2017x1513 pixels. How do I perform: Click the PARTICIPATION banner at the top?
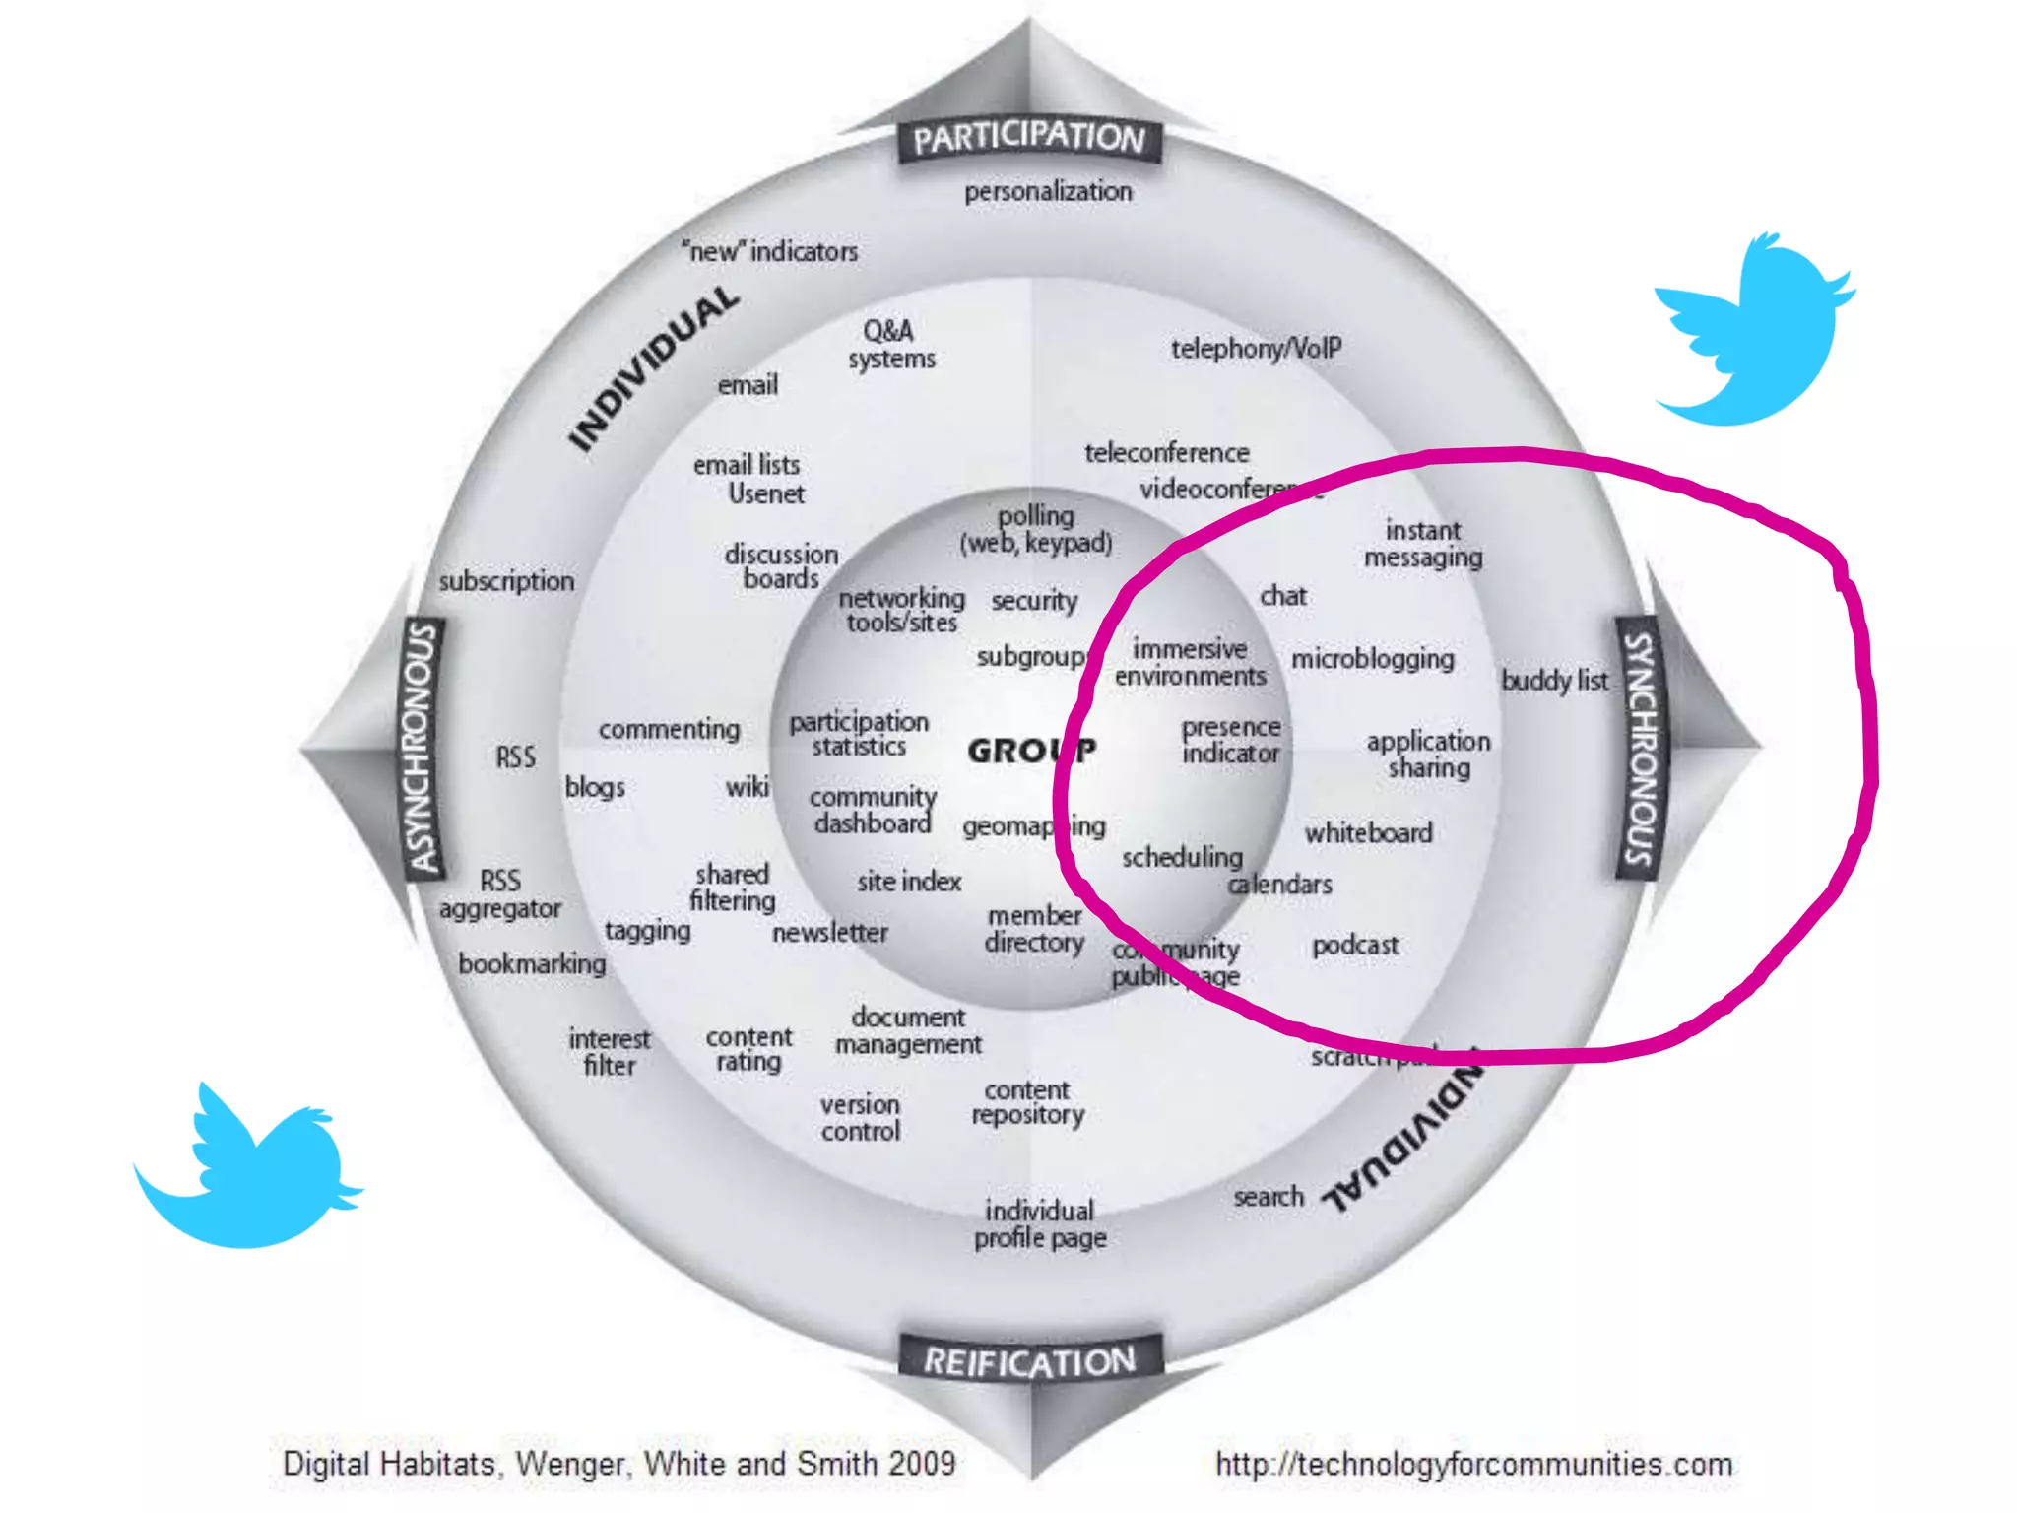[1029, 138]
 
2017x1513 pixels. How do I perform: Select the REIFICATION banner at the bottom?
[1030, 1361]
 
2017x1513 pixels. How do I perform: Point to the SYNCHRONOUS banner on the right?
[1640, 749]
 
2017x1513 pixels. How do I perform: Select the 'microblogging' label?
[1372, 659]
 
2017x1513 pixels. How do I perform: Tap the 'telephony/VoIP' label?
[1256, 349]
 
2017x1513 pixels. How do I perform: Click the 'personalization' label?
[1048, 191]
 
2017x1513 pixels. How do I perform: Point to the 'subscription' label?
[506, 581]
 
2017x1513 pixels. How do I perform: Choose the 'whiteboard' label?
[1368, 833]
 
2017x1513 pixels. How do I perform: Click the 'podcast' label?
[1354, 946]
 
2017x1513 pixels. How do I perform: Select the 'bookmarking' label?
[532, 963]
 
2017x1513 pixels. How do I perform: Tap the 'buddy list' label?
[1554, 680]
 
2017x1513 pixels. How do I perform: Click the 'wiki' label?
[747, 787]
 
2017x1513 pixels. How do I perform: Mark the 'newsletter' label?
[829, 932]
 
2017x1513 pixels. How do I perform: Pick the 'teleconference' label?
[1166, 453]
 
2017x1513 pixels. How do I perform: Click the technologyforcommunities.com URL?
[1473, 1464]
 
